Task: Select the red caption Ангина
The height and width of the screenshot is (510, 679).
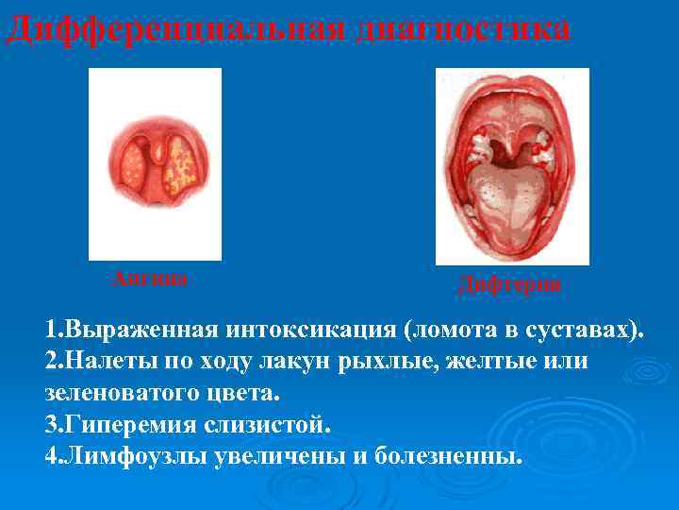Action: [150, 278]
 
